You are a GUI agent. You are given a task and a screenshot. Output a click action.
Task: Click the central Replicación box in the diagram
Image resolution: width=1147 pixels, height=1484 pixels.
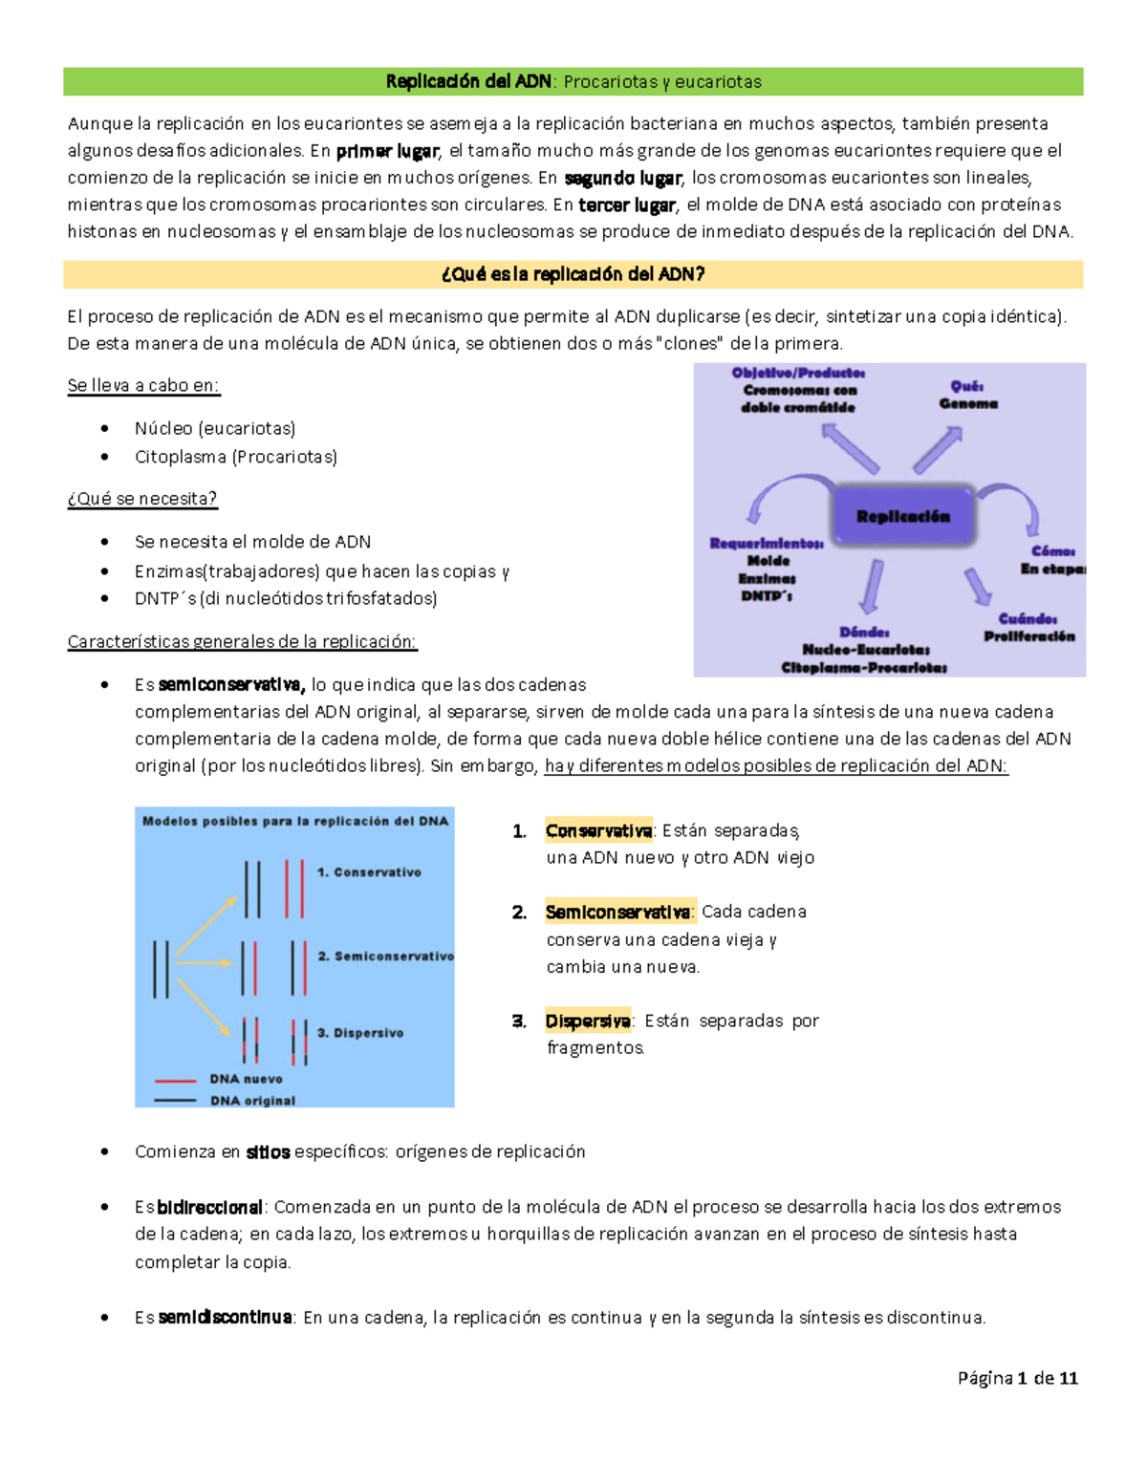(903, 517)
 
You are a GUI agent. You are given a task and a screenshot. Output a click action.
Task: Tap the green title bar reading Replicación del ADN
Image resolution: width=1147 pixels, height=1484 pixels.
(573, 82)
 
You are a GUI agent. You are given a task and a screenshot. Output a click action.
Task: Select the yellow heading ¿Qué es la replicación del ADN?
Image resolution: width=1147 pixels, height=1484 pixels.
(573, 275)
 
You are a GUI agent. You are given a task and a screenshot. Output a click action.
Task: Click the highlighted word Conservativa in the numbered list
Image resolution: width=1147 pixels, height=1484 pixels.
(598, 830)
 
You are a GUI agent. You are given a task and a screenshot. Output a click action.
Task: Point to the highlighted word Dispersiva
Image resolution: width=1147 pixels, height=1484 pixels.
(588, 1021)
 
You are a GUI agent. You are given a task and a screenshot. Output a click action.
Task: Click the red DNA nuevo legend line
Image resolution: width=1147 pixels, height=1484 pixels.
(175, 1080)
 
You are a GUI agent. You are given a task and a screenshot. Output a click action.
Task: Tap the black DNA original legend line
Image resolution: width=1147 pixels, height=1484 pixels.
(175, 1101)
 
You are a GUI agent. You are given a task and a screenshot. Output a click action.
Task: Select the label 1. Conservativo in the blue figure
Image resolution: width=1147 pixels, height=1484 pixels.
(369, 872)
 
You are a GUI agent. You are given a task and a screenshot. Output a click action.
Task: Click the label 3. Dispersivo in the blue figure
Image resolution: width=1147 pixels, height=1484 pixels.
(360, 1033)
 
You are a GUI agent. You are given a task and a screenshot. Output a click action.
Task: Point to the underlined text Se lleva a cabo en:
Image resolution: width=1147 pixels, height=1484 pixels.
(143, 386)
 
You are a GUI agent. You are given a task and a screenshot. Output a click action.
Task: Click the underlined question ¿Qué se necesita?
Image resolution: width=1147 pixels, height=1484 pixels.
(142, 499)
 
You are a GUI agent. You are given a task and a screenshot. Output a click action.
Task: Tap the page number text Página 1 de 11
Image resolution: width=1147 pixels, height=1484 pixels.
(1018, 1378)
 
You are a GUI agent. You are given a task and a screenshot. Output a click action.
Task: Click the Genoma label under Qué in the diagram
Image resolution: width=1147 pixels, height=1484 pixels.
(968, 404)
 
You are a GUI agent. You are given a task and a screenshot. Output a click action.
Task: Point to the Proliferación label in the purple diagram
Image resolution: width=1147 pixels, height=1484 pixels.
(1029, 636)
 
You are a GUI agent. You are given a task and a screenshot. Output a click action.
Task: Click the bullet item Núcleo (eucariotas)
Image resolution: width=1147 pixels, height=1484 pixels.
(215, 428)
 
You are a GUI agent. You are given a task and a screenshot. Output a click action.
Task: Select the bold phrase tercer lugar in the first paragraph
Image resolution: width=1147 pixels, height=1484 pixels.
(627, 204)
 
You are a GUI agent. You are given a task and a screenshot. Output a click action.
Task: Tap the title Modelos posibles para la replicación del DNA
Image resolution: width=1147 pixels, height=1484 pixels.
(295, 821)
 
